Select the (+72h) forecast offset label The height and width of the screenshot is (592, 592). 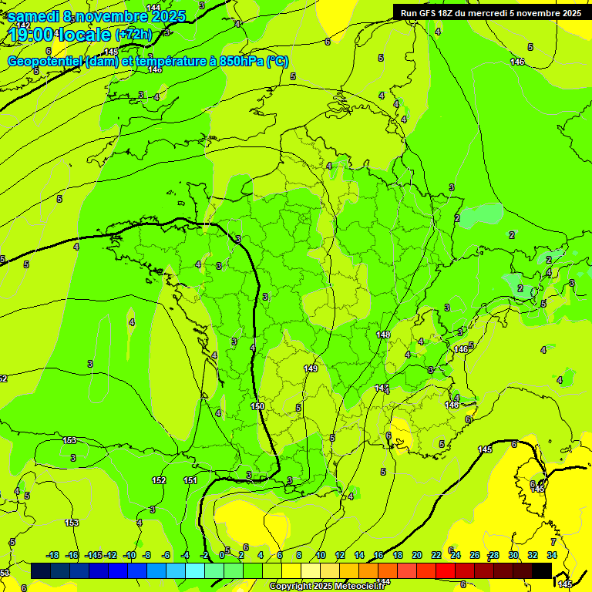pos(133,35)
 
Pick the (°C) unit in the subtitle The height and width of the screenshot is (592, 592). pos(277,62)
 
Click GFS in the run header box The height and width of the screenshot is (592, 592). pos(428,13)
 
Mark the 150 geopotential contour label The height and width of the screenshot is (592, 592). pos(257,406)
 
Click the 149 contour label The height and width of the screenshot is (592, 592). pos(311,369)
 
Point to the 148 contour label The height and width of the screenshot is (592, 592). pos(384,335)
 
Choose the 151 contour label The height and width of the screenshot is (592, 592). pos(190,480)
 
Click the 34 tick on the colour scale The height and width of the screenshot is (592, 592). pos(552,555)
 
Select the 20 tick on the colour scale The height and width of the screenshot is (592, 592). pos(417,555)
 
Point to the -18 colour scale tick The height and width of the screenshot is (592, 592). pos(53,555)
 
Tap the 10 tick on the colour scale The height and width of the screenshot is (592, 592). pos(320,555)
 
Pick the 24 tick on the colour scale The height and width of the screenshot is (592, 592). pos(456,555)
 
